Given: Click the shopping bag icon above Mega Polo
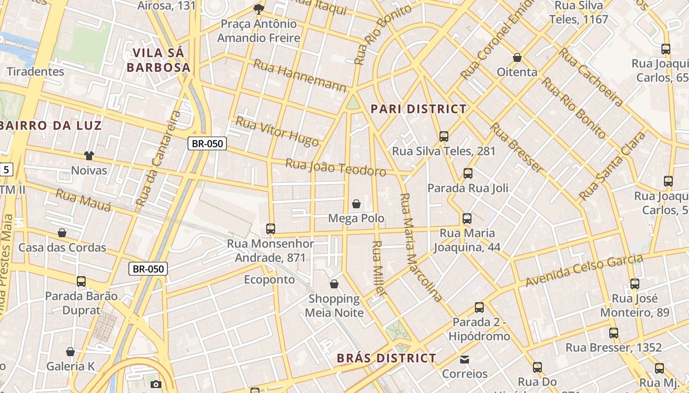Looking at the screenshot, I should [356, 203].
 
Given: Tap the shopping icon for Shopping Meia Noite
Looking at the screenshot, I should [334, 284].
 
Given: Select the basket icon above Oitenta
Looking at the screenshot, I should [517, 57].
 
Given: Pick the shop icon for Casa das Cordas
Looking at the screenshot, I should [62, 233].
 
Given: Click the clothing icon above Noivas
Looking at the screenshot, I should [89, 156].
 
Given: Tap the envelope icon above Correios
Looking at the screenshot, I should [465, 359].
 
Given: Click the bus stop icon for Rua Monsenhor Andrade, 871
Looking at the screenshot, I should [270, 228].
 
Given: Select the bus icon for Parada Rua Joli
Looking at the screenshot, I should [468, 173].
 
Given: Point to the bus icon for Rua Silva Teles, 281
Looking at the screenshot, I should [444, 136].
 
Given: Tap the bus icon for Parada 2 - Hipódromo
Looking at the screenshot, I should [479, 308].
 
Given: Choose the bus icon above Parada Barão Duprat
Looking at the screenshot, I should [81, 281].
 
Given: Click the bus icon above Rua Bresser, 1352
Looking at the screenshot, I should [614, 333].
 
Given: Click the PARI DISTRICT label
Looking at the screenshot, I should [418, 109].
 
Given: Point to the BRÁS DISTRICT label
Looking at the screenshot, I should [386, 358].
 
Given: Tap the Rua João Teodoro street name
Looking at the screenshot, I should [336, 168].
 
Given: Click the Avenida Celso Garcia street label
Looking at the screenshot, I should [584, 271].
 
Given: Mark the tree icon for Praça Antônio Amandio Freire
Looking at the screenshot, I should [258, 9].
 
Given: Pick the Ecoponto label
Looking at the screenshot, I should [270, 280].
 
